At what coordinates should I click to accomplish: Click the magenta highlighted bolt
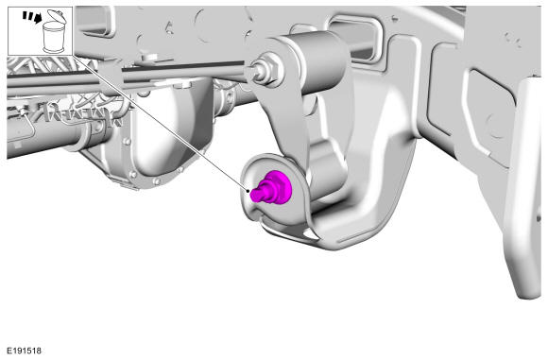click(271, 188)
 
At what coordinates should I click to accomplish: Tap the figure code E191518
click(25, 351)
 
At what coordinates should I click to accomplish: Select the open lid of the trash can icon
click(55, 16)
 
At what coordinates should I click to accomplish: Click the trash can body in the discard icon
click(53, 37)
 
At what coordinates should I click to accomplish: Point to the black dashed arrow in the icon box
click(32, 17)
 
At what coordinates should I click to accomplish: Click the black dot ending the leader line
click(248, 191)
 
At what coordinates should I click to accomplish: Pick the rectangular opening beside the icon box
click(95, 21)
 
